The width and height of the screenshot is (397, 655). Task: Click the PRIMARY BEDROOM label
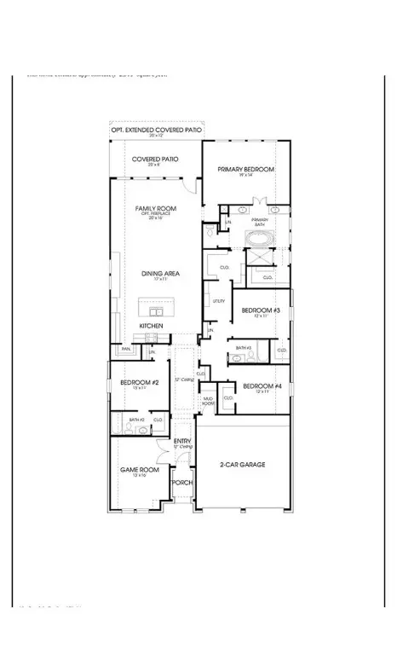(245, 171)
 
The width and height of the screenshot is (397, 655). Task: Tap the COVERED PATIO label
(154, 159)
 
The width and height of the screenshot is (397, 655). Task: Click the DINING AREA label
(159, 274)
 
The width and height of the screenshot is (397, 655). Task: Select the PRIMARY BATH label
(259, 221)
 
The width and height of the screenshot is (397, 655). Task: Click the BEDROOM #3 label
(258, 310)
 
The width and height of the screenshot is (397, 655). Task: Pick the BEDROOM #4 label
(259, 386)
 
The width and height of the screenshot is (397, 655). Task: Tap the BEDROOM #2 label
(135, 383)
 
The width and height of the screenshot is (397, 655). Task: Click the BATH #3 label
(242, 347)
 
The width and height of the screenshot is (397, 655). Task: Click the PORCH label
(181, 483)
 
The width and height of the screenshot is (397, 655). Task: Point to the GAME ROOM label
(135, 470)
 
